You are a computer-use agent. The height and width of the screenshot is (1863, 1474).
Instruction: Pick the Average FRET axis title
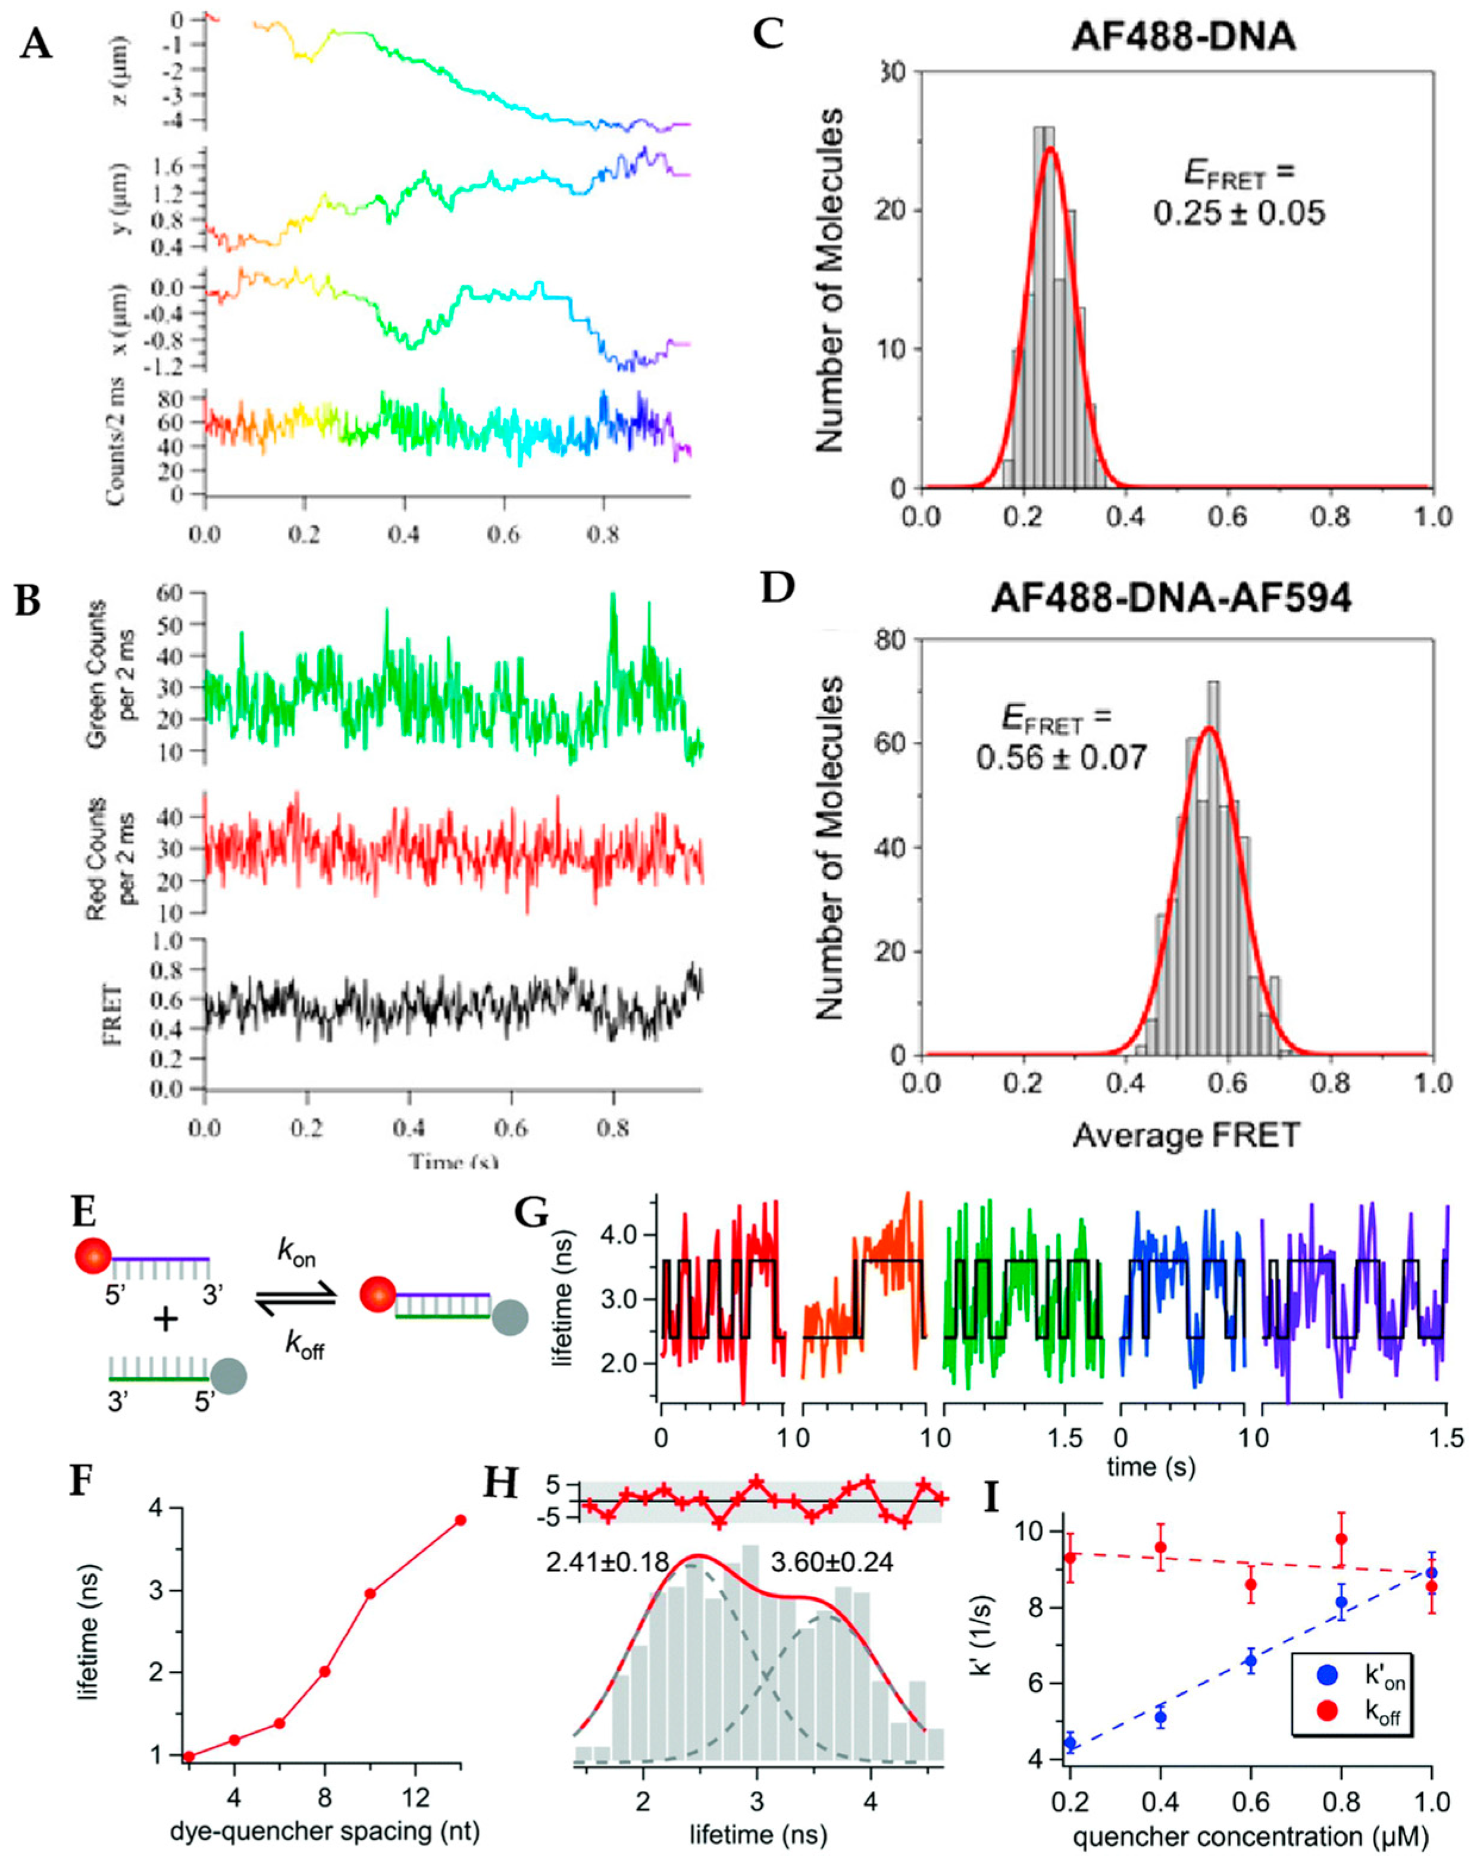[1186, 1135]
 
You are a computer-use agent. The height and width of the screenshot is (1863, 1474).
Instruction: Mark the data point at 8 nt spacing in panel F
[324, 1646]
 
